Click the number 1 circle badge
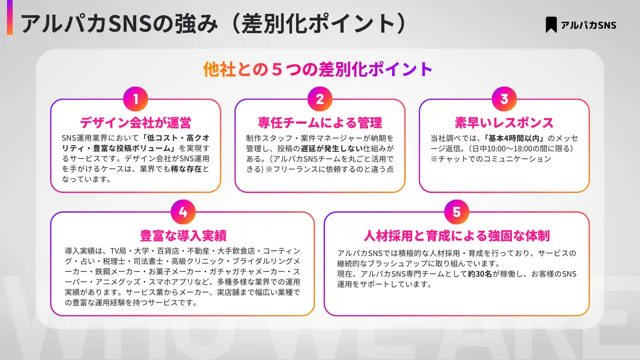pyautogui.click(x=135, y=99)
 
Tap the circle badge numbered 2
pyautogui.click(x=320, y=99)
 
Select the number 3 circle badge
pyautogui.click(x=504, y=99)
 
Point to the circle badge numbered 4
pyautogui.click(x=183, y=211)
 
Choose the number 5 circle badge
pyautogui.click(x=456, y=211)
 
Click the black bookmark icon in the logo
pyautogui.click(x=551, y=24)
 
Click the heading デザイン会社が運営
pyautogui.click(x=135, y=122)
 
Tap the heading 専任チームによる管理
pyautogui.click(x=320, y=122)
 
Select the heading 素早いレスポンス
pyautogui.click(x=504, y=122)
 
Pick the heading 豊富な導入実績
pyautogui.click(x=183, y=235)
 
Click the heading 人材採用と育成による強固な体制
pyautogui.click(x=456, y=235)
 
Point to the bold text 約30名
pyautogui.click(x=479, y=273)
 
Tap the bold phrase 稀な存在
pyautogui.click(x=186, y=169)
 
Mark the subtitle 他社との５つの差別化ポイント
pyautogui.click(x=317, y=69)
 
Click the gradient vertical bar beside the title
pyautogui.click(x=9, y=17)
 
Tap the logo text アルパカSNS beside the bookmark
pyautogui.click(x=588, y=25)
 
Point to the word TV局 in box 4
pyautogui.click(x=118, y=251)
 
